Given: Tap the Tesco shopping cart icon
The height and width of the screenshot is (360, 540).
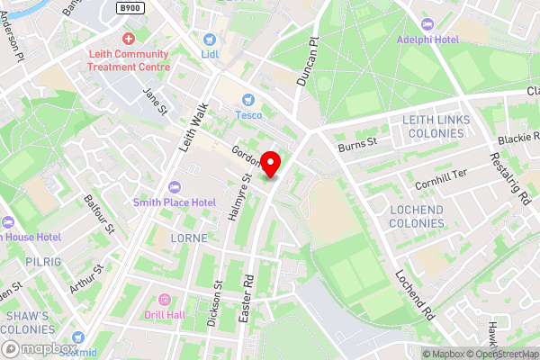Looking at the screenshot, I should click(247, 99).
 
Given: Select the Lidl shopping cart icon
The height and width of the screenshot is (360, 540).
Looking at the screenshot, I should click(209, 40).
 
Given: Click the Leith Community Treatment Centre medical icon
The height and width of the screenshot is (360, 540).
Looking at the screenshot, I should click(128, 39).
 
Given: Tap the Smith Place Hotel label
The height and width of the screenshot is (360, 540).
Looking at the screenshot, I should click(175, 202).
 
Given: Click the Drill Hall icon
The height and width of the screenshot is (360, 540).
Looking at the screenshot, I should click(164, 300).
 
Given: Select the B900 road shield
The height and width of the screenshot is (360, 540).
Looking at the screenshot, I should click(131, 7).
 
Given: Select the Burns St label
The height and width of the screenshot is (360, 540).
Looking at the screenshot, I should click(357, 141).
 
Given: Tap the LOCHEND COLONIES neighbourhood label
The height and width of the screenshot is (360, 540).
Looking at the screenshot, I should click(417, 216).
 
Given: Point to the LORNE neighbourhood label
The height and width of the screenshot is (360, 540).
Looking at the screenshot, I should click(189, 238).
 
